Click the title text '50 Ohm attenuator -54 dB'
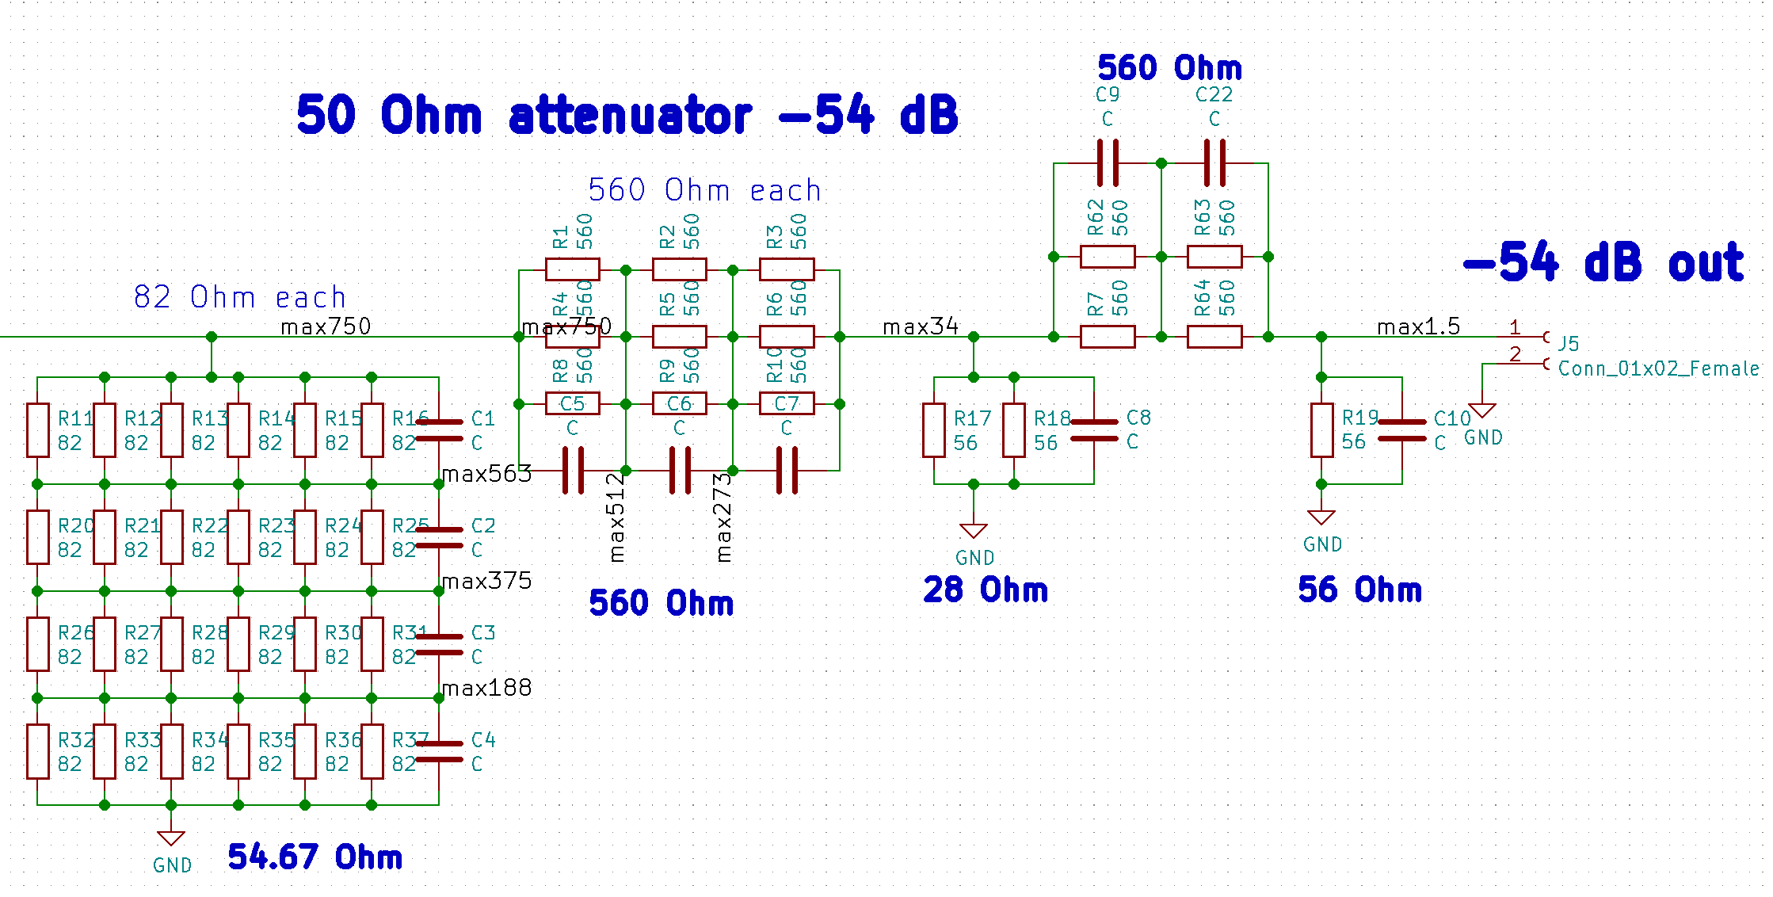pos(627,115)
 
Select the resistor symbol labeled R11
pos(38,430)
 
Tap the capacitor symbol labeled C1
pos(439,430)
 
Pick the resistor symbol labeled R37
pos(372,751)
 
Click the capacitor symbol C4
pos(439,751)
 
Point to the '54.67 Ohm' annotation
pos(315,857)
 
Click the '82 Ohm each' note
pos(240,297)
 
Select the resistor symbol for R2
pos(679,269)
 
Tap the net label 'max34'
pos(920,326)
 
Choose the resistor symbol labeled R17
pos(934,430)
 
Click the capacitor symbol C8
pos(1094,430)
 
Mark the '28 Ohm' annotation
pos(985,590)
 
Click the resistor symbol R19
pos(1321,430)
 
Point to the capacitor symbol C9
pos(1108,163)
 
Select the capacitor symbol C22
pos(1214,163)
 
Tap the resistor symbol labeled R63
pos(1214,257)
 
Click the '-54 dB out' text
pos(1603,262)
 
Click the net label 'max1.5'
pos(1418,326)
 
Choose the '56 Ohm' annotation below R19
pos(1359,590)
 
